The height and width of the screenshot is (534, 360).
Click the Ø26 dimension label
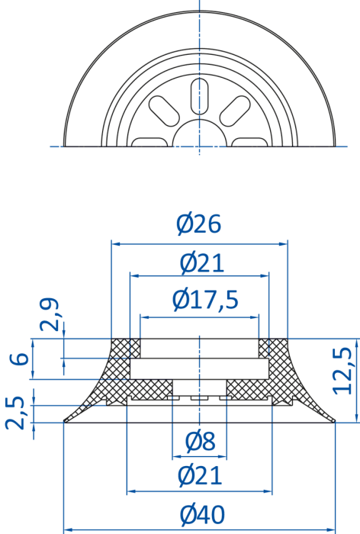199,224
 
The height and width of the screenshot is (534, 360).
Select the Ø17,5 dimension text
205,300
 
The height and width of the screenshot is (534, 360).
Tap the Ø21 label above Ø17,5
202,263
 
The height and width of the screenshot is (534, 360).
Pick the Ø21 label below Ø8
200,476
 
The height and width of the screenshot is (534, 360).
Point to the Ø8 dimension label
201,441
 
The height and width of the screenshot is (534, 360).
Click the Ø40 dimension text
202,514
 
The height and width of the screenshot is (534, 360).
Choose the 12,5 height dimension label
342,371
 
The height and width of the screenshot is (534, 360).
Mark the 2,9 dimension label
50,314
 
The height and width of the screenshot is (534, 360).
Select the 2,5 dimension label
14,413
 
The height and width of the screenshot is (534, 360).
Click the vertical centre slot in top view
199,96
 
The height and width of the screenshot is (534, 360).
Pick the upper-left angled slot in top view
164,111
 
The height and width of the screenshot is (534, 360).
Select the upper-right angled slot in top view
235,111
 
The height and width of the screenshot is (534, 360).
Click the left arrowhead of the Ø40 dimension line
69,530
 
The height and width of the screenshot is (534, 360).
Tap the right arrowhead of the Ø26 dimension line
284,244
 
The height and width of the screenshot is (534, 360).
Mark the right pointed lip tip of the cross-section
335,421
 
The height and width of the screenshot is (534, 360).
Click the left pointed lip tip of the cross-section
65,421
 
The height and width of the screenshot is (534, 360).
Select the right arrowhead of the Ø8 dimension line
223,457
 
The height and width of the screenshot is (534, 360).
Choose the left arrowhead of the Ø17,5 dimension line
145,317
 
